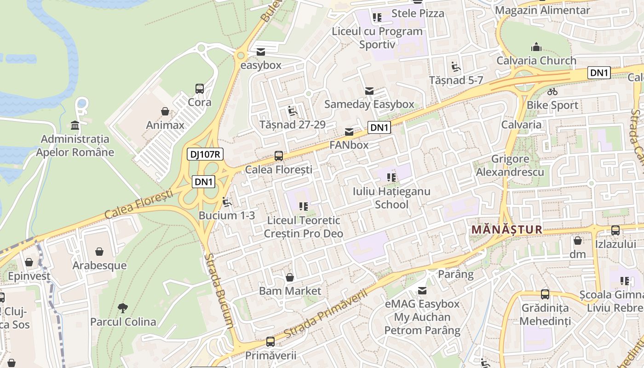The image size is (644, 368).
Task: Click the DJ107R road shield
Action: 205,154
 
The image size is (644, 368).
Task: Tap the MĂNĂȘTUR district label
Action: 507,229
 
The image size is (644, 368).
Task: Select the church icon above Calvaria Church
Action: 536,47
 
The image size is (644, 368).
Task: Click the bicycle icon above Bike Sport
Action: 552,92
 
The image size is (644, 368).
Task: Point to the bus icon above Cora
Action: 200,88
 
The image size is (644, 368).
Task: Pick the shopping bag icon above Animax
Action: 165,111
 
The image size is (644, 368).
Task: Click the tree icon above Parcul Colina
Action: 123,308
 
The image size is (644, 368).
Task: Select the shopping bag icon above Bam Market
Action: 290,277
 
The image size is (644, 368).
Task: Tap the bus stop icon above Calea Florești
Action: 279,156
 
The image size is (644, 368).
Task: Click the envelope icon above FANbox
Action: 349,132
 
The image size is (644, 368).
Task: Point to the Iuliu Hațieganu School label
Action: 391,197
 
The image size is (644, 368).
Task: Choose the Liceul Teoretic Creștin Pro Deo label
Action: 304,227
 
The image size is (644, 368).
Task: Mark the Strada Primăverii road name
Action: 327,313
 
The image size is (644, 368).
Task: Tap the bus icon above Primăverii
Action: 270,342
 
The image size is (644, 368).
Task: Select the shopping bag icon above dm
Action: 578,241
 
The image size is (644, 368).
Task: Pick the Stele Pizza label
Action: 418,13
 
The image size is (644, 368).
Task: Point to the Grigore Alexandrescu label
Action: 510,166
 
